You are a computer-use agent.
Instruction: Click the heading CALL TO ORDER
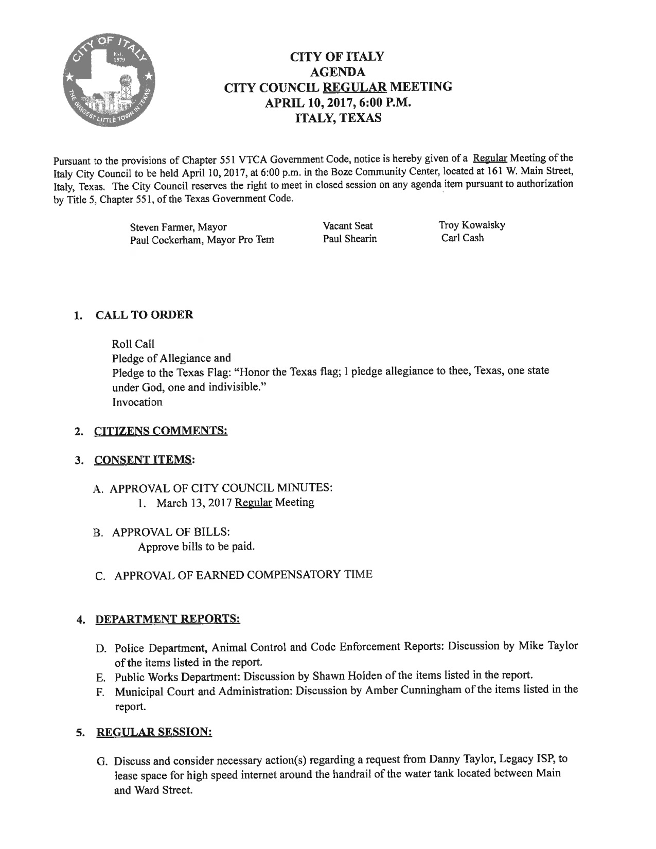click(145, 315)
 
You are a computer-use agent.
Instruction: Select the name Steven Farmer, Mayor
click(178, 227)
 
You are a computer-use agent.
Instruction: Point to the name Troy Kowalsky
click(472, 225)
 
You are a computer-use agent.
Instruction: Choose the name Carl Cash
click(463, 238)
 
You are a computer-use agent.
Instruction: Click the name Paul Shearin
click(350, 239)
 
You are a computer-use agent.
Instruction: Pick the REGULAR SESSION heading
click(154, 732)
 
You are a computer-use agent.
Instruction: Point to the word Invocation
click(137, 402)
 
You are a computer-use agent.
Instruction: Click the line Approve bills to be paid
click(197, 546)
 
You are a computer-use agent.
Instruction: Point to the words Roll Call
click(133, 344)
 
